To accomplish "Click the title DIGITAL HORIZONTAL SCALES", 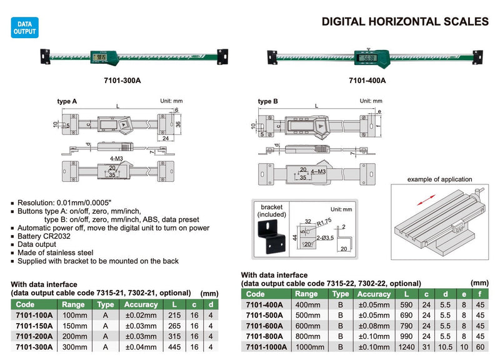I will [x=404, y=21].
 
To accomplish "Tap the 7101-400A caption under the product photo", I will [x=367, y=81].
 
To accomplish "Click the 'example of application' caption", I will [x=439, y=180].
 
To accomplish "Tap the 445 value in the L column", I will [x=174, y=347].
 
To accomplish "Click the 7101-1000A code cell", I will [x=266, y=347].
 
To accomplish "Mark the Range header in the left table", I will [x=76, y=305].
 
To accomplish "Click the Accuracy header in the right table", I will [x=374, y=294].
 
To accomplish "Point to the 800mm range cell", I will [x=306, y=336].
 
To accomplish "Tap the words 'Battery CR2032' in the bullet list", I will [x=46, y=237].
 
